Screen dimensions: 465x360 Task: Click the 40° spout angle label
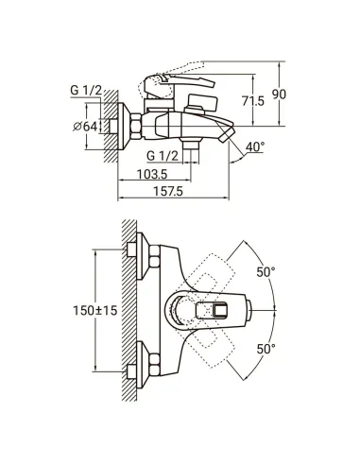[255, 146]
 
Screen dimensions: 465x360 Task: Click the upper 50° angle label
[266, 272]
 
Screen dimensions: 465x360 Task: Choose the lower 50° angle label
[266, 349]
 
